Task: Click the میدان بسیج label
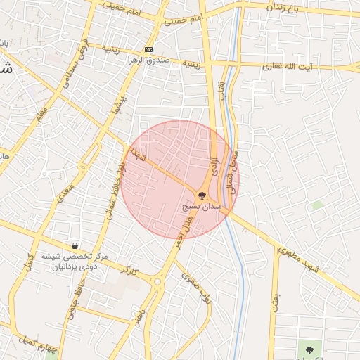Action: tap(202, 208)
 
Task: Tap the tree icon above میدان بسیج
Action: tap(202, 196)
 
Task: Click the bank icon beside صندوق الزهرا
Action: tap(148, 49)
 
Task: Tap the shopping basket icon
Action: tap(74, 245)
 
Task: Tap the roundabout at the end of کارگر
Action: tap(157, 283)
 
